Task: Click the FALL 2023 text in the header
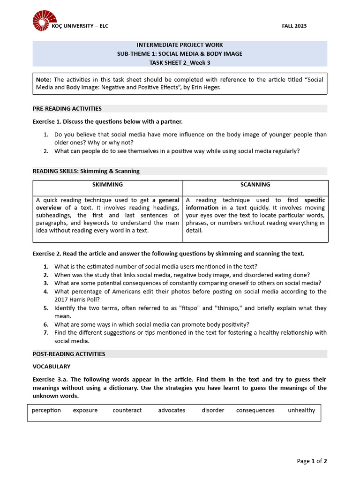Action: (x=294, y=26)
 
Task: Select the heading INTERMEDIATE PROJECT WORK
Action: (x=180, y=45)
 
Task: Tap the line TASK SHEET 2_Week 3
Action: (x=180, y=62)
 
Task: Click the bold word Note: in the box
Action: (x=44, y=80)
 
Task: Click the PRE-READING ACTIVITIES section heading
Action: (x=67, y=109)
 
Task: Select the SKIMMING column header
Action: (x=107, y=185)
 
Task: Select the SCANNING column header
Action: (x=255, y=185)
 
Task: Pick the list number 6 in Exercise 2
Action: (x=46, y=324)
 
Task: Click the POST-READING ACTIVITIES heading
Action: (x=69, y=354)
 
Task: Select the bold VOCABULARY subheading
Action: (x=52, y=367)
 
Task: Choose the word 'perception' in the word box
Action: (x=46, y=410)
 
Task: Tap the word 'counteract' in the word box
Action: (x=127, y=410)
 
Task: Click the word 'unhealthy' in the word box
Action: (x=301, y=410)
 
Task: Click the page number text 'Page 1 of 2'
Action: (x=312, y=461)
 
